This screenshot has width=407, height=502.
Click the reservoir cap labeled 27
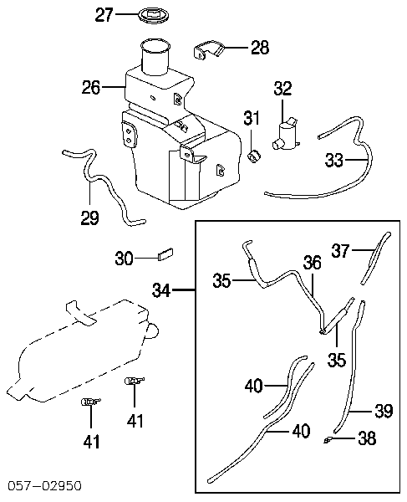[154, 16]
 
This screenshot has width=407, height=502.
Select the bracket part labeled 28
[209, 50]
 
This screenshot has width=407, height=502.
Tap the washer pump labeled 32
[287, 135]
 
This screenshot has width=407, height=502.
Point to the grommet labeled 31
[255, 156]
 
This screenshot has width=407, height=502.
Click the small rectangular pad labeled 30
[165, 255]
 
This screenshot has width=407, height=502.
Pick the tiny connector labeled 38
[328, 441]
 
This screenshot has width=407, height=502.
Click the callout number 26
[91, 87]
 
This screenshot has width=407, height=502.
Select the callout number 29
[89, 218]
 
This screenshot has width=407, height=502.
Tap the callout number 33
[334, 160]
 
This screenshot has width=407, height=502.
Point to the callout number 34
[162, 290]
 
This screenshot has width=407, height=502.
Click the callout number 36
[312, 263]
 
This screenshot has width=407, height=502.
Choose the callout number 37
[340, 250]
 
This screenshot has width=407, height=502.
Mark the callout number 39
[384, 411]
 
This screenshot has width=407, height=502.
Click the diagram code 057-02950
[45, 486]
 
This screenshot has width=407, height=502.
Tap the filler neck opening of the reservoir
[155, 46]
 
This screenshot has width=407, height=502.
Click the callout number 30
[124, 258]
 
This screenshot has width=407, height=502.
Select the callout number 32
[283, 89]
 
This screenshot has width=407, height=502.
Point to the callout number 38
[367, 438]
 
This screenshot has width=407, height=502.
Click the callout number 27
[104, 15]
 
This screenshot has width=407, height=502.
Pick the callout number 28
[260, 48]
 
